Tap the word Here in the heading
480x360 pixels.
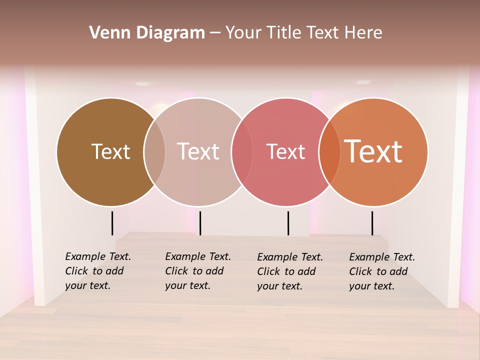click(363, 33)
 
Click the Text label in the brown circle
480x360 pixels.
click(110, 151)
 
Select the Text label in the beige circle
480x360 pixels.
click(198, 151)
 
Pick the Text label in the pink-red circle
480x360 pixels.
click(285, 151)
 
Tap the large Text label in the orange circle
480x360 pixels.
click(373, 151)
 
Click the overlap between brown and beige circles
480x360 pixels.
click(154, 151)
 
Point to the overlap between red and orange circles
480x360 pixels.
click(329, 151)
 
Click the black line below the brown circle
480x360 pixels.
click(112, 223)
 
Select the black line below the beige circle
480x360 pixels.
click(200, 223)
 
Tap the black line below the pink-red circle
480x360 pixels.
click(288, 223)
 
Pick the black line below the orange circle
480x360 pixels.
click(372, 223)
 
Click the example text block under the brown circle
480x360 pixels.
click(97, 271)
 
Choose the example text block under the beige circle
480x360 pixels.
click(197, 271)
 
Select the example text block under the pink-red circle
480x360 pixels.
click(289, 271)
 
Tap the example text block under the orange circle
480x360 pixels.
click(381, 271)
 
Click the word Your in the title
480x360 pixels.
click(243, 33)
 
